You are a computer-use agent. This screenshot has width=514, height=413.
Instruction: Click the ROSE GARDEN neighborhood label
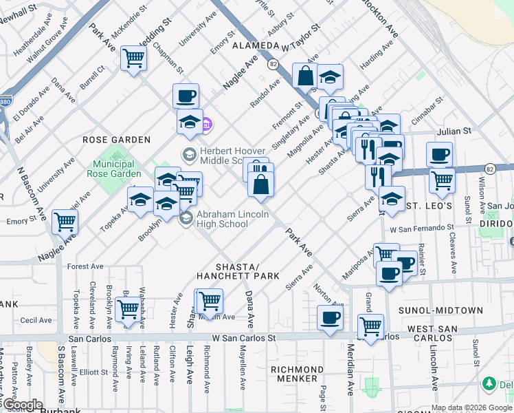coord(116,140)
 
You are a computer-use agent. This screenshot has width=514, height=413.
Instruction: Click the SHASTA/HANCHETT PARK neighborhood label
coord(238,271)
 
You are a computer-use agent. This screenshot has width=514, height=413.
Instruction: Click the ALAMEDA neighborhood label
coord(254,45)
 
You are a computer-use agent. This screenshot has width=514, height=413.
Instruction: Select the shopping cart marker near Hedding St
coord(133,58)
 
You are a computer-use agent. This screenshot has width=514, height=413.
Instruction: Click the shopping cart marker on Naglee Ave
coord(65,222)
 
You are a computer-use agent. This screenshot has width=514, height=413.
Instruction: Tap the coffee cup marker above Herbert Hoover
coord(185,96)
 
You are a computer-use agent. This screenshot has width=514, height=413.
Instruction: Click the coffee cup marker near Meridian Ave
coord(330,318)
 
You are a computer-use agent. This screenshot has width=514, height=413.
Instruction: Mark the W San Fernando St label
coord(422,227)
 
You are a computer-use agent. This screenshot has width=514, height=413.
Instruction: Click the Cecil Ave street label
coord(36,320)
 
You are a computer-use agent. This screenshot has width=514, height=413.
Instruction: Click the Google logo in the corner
coord(23,405)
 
